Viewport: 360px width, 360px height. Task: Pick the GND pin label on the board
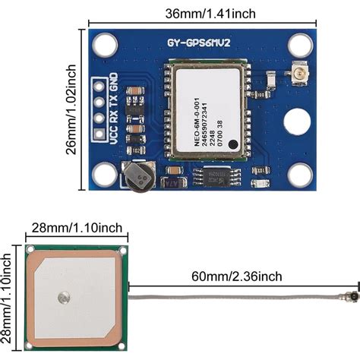pos(114,82)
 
